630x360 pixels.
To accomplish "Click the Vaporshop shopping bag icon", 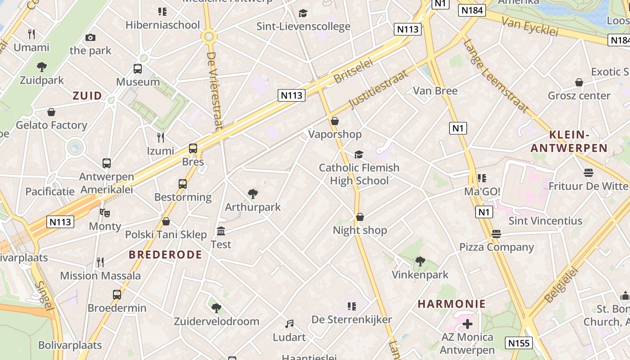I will [334, 121].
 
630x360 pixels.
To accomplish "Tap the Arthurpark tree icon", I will [253, 194].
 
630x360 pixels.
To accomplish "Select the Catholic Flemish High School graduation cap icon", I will [359, 154].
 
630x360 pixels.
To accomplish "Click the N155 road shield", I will [518, 343].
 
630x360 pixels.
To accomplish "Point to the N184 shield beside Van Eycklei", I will [472, 10].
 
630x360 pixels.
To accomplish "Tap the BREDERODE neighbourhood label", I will [166, 255].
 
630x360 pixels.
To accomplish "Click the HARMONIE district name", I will [451, 304].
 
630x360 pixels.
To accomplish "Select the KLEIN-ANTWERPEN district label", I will [569, 141].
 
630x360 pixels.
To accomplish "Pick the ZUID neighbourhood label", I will [87, 95].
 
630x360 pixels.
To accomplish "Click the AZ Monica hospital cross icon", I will [468, 324].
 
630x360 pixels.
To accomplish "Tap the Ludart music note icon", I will [289, 324].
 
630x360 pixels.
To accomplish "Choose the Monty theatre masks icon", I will [105, 213].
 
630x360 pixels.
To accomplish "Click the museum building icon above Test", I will [221, 231].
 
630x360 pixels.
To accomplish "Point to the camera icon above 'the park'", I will [90, 37].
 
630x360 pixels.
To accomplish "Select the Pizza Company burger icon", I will [496, 234].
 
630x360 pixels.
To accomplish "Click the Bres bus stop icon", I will [193, 148].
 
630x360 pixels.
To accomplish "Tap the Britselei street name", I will [354, 72].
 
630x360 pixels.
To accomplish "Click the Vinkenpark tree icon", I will [420, 261].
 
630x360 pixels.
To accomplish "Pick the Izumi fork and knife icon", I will [161, 137].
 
